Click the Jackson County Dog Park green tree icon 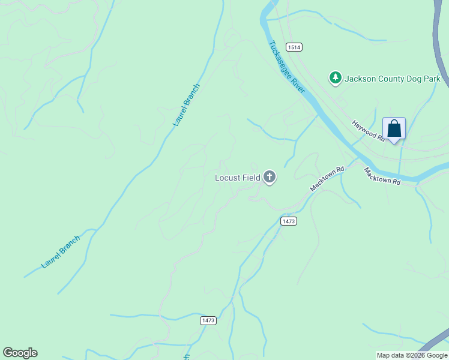tap(335, 78)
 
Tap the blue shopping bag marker tap(394, 129)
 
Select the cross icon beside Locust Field tap(270, 177)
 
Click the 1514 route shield tap(294, 47)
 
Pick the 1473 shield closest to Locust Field tap(288, 221)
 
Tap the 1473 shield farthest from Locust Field tap(208, 321)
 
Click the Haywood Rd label tap(368, 130)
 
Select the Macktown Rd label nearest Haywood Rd tap(382, 176)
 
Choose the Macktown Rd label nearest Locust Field tap(327, 179)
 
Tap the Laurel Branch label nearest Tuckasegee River tap(186, 104)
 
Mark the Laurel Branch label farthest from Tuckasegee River tap(60, 252)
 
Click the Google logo tap(20, 353)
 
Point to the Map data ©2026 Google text tap(412, 355)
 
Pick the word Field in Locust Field tap(252, 178)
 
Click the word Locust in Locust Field tap(228, 178)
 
